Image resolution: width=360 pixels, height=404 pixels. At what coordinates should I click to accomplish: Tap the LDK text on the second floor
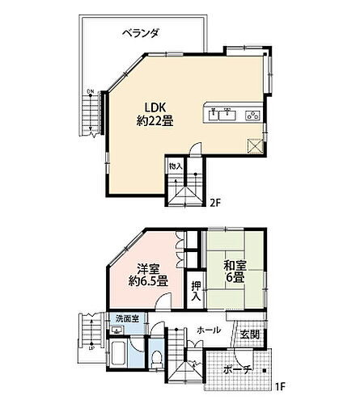click(157, 107)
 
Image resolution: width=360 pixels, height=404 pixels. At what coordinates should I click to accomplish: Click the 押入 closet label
click(197, 288)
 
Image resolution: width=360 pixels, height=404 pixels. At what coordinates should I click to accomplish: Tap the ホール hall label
click(209, 330)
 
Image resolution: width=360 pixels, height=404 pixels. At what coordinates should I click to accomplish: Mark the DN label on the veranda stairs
click(91, 90)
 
